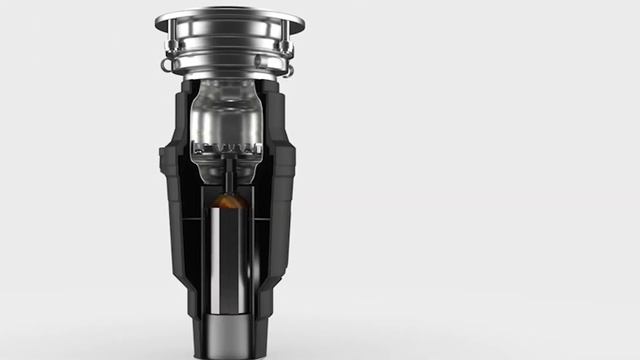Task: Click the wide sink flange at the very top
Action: pos(230,19)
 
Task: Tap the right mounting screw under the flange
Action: pos(286,47)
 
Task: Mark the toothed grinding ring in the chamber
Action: pos(228,150)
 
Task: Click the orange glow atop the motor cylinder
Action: pos(229,202)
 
